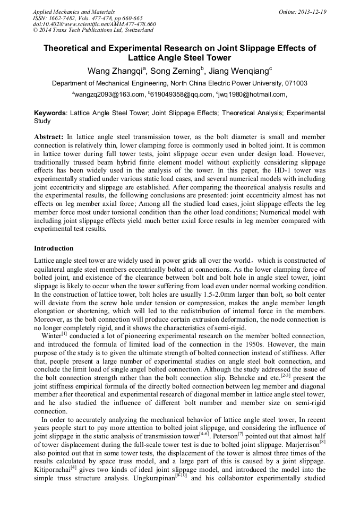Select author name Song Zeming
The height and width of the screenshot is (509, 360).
(x=169, y=71)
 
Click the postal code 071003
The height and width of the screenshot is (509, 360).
(x=295, y=83)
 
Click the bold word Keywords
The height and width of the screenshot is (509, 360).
(x=50, y=113)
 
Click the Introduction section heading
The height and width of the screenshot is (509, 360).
(x=54, y=248)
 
